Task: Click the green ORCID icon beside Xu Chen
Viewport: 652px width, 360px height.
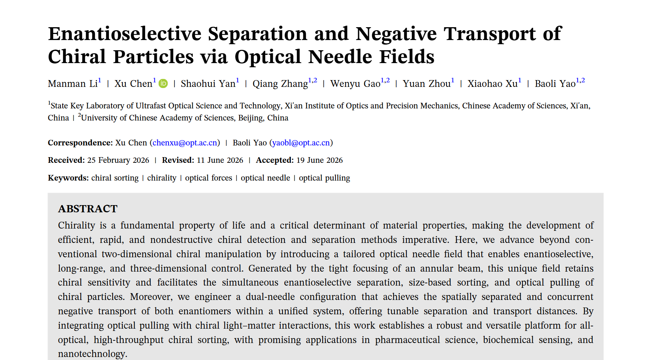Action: [163, 83]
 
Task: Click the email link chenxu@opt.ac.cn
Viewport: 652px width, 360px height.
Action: [185, 143]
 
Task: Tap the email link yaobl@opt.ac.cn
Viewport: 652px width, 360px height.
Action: [301, 143]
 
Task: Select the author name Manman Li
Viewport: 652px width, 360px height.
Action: [73, 83]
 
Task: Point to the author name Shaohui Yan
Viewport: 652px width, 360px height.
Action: [208, 83]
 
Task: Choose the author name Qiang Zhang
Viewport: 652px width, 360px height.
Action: [280, 83]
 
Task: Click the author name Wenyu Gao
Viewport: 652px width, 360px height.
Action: [355, 83]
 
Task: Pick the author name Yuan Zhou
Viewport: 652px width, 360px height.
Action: [427, 83]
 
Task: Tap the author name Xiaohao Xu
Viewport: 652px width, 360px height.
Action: [493, 83]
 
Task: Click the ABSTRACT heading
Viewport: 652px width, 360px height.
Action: [88, 209]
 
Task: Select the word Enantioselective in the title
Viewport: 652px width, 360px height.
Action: [125, 34]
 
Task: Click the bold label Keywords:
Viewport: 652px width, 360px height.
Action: [68, 178]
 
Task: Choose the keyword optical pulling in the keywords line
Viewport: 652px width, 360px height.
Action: [324, 178]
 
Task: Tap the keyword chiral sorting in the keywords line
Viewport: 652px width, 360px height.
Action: [115, 178]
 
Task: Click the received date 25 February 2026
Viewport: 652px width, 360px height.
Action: [118, 160]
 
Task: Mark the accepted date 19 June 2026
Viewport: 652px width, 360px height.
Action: [320, 160]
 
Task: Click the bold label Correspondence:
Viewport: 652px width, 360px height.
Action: [80, 143]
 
